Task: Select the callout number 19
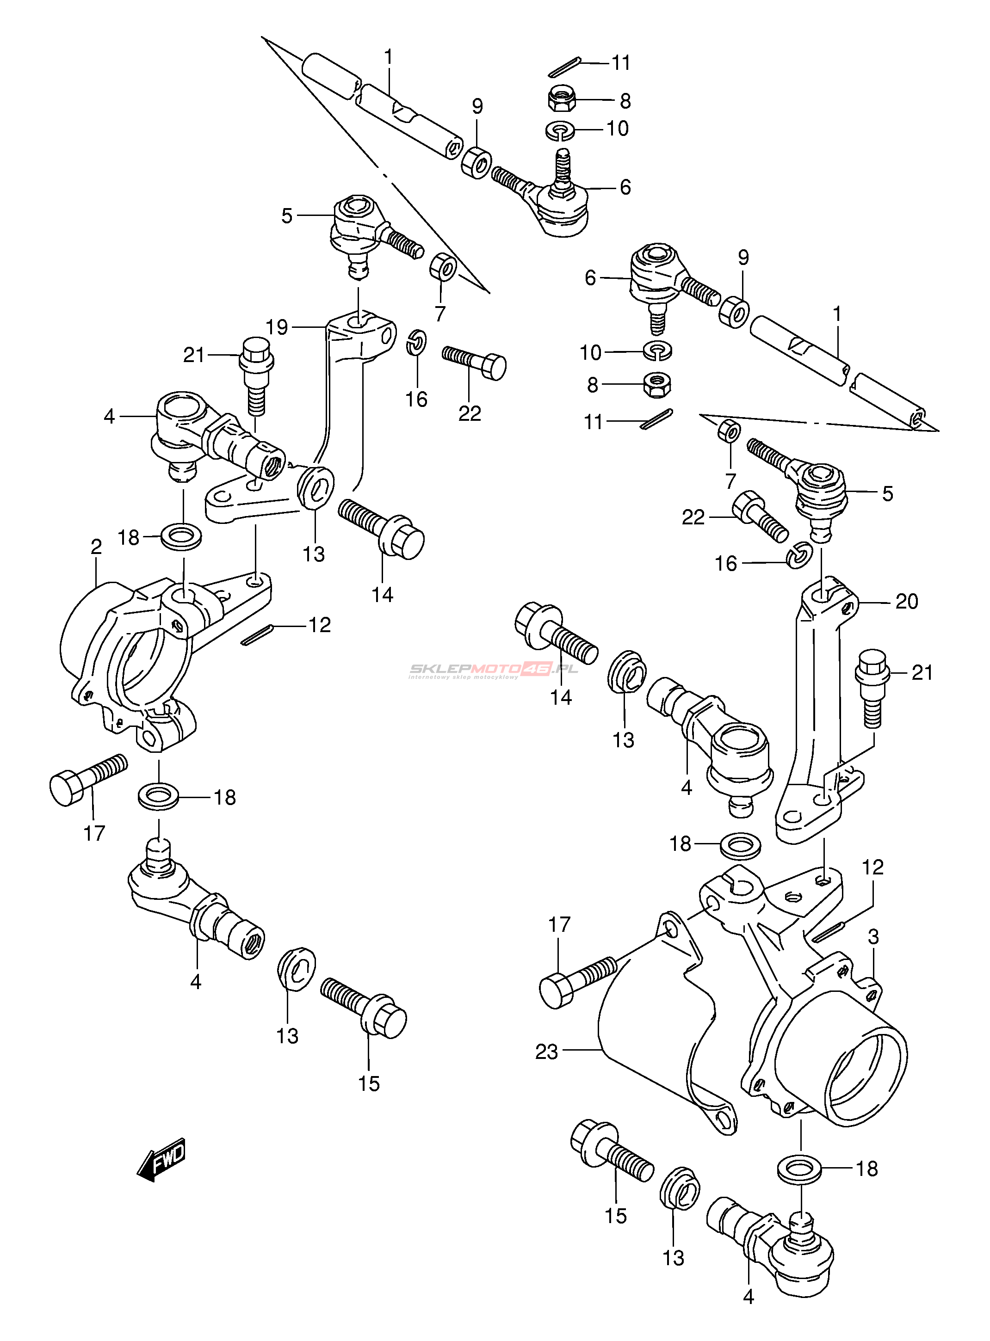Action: [x=277, y=327]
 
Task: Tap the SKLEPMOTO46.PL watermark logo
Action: [x=493, y=670]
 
